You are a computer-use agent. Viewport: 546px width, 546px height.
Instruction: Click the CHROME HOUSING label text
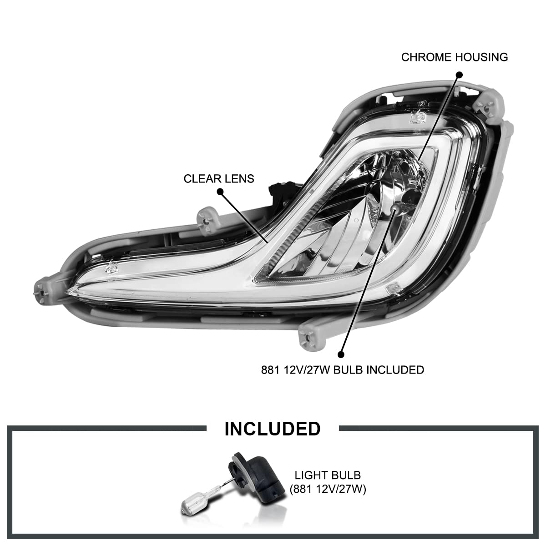tap(454, 57)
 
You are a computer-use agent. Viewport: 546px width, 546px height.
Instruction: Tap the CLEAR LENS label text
tap(219, 179)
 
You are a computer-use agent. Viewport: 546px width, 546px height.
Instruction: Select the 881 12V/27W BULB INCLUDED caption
tap(343, 370)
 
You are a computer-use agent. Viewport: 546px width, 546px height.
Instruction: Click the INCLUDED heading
tap(272, 429)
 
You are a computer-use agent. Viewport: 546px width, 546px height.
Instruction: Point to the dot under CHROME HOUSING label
tap(459, 75)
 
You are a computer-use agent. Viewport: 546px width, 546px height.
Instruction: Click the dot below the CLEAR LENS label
tap(220, 192)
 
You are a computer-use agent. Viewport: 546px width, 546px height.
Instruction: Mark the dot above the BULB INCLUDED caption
tap(341, 354)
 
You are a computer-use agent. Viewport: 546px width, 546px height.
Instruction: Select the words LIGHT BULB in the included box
tap(328, 475)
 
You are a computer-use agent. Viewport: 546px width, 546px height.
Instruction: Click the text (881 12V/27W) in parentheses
tap(328, 489)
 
